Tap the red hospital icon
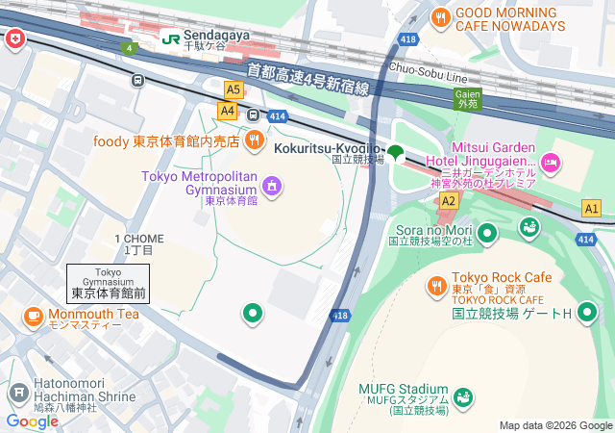(x=15, y=38)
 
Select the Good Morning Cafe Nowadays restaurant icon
(x=440, y=15)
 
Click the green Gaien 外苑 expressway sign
(x=467, y=97)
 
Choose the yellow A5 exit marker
(x=233, y=89)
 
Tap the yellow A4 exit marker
(x=227, y=111)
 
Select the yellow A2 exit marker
(x=449, y=199)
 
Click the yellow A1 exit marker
(x=592, y=208)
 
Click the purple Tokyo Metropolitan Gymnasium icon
(x=272, y=184)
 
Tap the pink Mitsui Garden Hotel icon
(x=551, y=164)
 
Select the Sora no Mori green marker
(x=487, y=232)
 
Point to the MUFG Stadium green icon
(x=463, y=395)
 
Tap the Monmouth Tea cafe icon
(x=33, y=315)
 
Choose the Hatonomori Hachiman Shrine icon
(x=17, y=393)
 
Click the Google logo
(x=32, y=420)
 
